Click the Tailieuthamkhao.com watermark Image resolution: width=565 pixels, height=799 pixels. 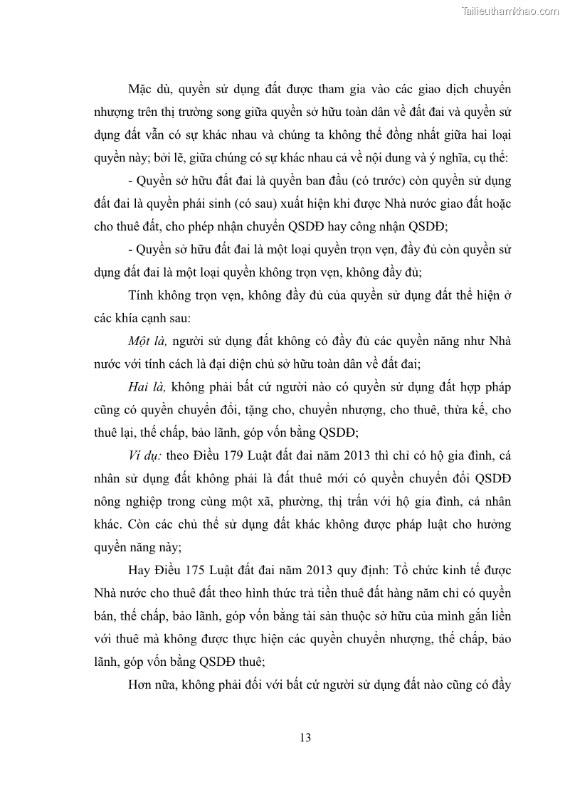point(511,11)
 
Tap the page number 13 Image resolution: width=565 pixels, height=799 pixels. point(305,737)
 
